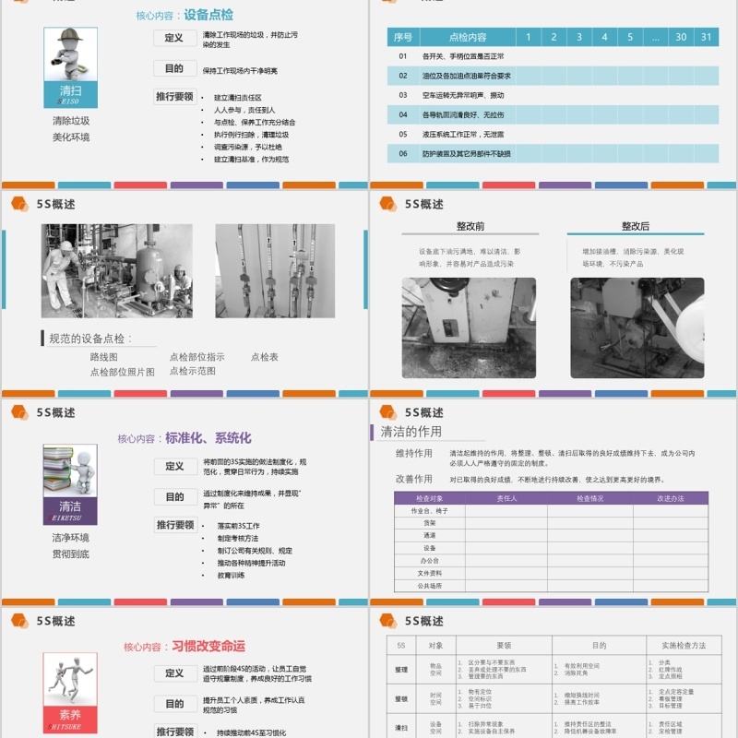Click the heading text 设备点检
pos(208,15)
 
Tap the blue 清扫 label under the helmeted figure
pos(70,90)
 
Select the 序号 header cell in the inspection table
pos(403,37)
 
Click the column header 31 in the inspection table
pos(706,37)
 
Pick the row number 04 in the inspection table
pos(403,114)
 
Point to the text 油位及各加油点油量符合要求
pos(466,76)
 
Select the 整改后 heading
pos(636,226)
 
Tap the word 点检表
pos(264,357)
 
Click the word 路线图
pos(103,357)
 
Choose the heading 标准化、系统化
pos(208,438)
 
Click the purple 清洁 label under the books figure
pos(70,506)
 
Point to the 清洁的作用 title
pos(411,431)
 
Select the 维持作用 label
pos(413,454)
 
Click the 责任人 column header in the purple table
pos(506,498)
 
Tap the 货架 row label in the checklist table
pos(430,522)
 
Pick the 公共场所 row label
pos(430,585)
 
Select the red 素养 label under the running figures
pos(70,714)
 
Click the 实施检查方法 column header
pos(683,645)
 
